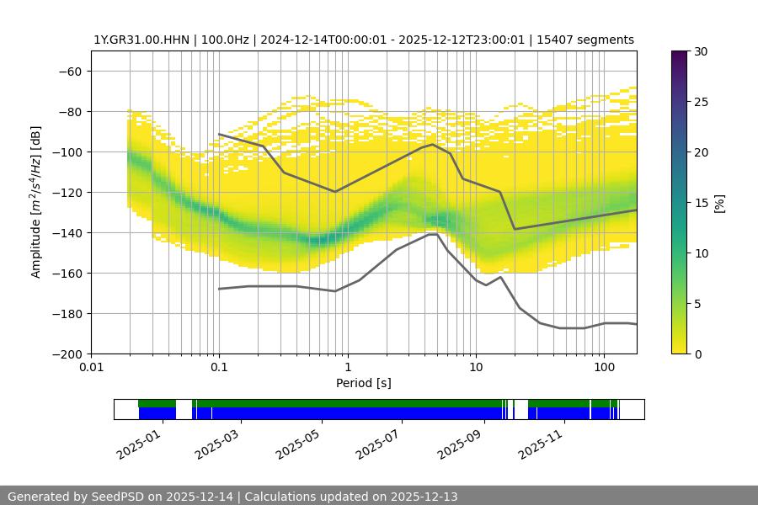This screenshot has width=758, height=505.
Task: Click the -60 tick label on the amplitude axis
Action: tap(70, 71)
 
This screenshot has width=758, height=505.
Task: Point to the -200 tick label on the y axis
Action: tap(67, 353)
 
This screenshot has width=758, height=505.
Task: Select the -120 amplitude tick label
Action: tap(67, 192)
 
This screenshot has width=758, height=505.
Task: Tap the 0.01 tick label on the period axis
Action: tap(91, 367)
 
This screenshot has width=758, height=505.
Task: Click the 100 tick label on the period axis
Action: tap(604, 367)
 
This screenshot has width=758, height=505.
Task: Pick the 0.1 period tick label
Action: tap(219, 367)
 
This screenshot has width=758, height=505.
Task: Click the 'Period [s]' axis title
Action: tap(364, 383)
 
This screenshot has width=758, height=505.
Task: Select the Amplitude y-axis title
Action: tap(36, 202)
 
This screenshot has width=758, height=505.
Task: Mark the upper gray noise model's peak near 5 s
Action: tap(433, 144)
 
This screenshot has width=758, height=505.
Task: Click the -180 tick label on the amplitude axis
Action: tap(67, 313)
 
